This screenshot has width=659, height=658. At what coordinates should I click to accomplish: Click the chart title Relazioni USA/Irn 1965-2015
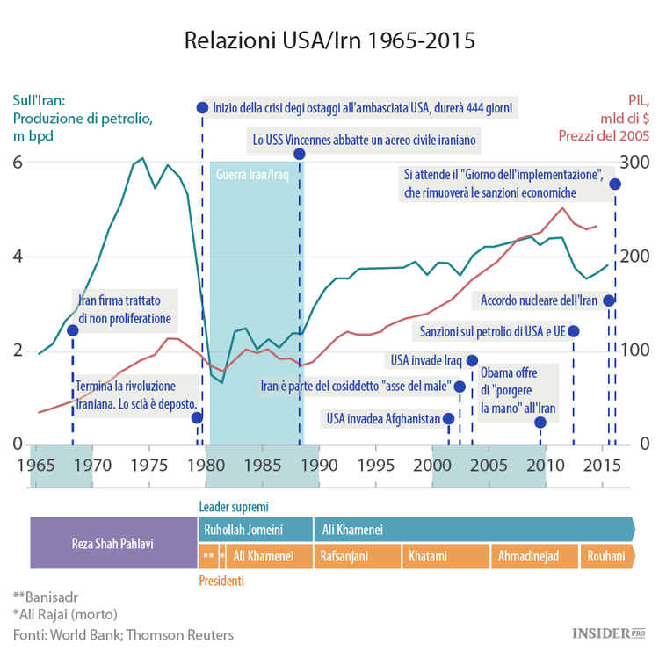(x=329, y=40)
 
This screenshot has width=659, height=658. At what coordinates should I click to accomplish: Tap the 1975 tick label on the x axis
(x=149, y=463)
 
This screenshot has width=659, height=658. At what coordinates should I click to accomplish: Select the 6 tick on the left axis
(x=18, y=163)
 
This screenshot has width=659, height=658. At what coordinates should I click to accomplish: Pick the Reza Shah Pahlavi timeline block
(x=112, y=543)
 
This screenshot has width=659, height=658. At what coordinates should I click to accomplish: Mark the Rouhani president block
(x=607, y=556)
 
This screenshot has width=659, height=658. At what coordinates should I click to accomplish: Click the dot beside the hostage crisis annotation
(x=202, y=107)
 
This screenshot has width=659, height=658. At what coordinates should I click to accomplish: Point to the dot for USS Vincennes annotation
(x=299, y=154)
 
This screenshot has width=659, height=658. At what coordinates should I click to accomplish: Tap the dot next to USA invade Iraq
(x=472, y=360)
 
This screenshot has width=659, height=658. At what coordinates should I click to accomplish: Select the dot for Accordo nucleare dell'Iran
(x=608, y=300)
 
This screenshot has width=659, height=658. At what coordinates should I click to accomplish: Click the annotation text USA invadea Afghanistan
(x=382, y=419)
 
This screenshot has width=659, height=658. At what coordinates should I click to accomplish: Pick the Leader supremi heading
(x=234, y=507)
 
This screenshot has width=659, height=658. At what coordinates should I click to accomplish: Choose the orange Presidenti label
(x=221, y=581)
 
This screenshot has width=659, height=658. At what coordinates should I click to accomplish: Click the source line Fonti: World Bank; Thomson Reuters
(x=123, y=633)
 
